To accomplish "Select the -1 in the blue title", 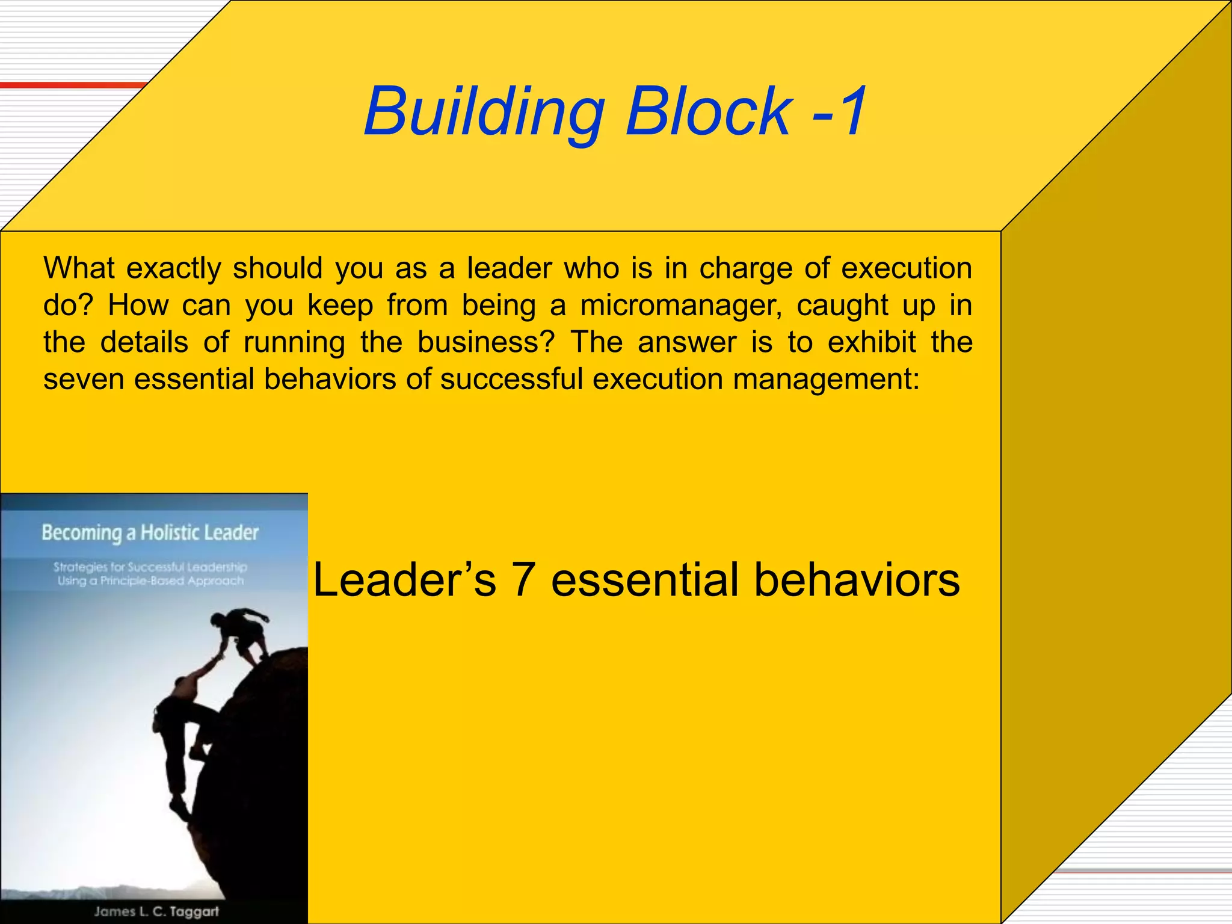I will coord(839,111).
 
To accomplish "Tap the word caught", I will coord(842,306).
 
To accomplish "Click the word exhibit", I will coord(872,342).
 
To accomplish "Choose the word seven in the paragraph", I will coord(84,380).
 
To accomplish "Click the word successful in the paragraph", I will coord(511,380).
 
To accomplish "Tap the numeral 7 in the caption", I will coord(523,580).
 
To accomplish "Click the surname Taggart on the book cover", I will coord(194,911).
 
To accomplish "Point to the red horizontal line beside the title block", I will coord(72,85).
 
